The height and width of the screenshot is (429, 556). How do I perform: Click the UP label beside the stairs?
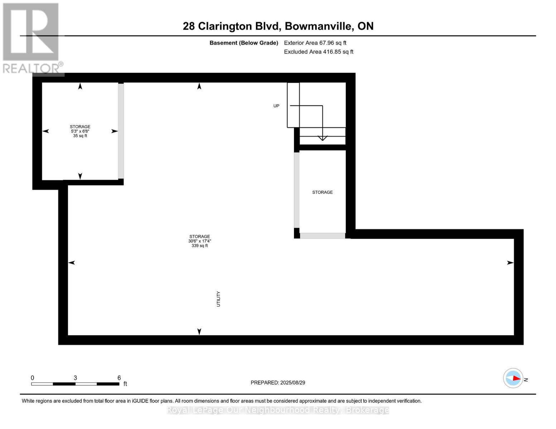click(276, 106)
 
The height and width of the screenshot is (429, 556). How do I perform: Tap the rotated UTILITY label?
click(218, 299)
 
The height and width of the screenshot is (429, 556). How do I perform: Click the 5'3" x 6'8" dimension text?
click(80, 131)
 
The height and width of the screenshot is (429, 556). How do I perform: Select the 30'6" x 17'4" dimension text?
click(199, 241)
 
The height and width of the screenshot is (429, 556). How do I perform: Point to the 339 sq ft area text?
click(199, 246)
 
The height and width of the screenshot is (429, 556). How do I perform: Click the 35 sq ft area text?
click(80, 136)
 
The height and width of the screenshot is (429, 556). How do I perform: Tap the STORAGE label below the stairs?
click(322, 192)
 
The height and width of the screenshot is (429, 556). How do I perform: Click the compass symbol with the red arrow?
click(513, 378)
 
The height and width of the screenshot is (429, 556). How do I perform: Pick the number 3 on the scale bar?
click(75, 378)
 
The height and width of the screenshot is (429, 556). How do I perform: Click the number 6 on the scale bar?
click(119, 378)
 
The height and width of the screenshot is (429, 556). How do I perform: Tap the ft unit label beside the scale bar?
click(125, 384)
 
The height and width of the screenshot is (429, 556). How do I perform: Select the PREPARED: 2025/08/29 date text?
click(278, 383)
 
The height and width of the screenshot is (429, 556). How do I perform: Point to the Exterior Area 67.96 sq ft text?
click(315, 43)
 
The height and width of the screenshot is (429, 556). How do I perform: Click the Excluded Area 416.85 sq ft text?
click(319, 52)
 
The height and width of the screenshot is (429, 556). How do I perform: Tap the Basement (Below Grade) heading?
click(244, 43)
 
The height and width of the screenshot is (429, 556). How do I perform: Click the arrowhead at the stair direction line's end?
click(323, 138)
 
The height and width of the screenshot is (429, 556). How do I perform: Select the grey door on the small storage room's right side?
click(121, 131)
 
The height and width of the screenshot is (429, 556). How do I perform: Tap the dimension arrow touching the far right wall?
click(510, 263)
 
